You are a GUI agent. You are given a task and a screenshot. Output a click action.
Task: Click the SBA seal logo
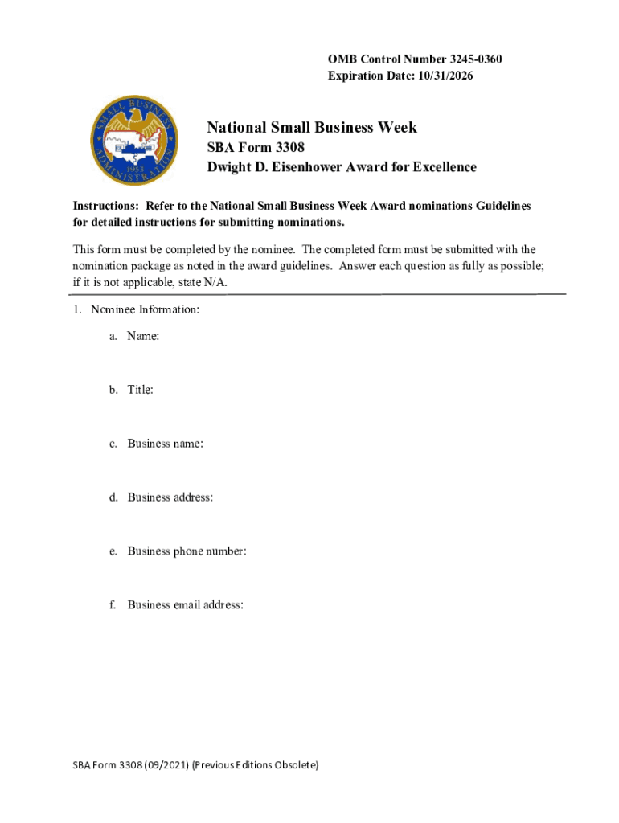(x=134, y=142)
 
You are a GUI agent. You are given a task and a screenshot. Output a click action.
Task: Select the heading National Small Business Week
(x=312, y=127)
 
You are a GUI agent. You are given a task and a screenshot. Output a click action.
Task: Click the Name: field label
(x=143, y=337)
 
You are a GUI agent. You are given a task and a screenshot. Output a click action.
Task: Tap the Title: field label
(x=140, y=390)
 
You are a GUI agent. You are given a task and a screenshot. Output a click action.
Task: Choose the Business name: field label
(x=165, y=444)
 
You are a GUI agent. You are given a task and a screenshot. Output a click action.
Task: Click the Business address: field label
(x=170, y=497)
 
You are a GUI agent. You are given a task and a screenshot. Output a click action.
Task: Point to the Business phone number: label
(x=187, y=551)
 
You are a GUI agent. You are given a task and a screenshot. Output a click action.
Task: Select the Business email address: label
(x=185, y=605)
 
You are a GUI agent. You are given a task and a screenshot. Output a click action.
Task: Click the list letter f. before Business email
(x=113, y=605)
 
